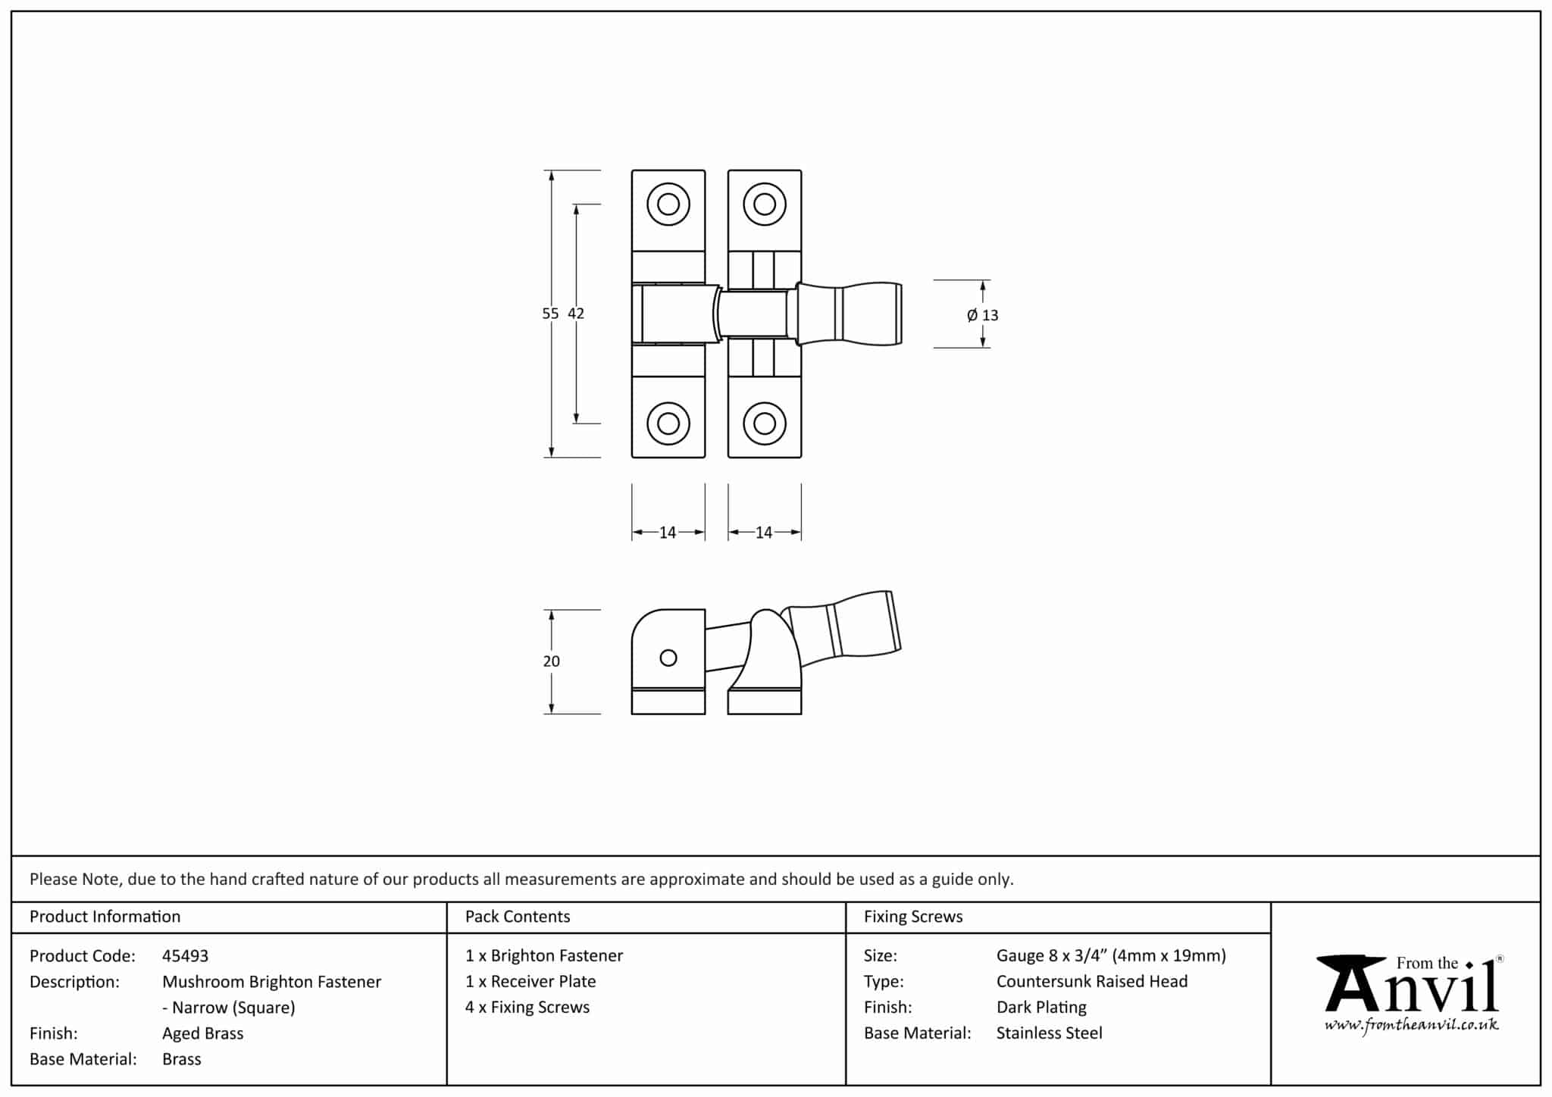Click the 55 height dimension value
(x=550, y=314)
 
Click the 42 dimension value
(x=576, y=314)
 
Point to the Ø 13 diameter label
(x=983, y=315)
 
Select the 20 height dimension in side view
(x=551, y=661)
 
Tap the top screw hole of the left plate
(x=668, y=204)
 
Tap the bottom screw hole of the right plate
(x=765, y=423)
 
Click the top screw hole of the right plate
(x=765, y=204)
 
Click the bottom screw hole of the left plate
(x=668, y=423)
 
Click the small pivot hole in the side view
(x=668, y=658)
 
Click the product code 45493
(x=185, y=956)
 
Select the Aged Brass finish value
(x=202, y=1033)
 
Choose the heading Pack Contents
(x=518, y=917)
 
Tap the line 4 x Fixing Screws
(x=527, y=1008)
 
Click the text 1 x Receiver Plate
(x=530, y=982)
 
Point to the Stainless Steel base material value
(x=1049, y=1033)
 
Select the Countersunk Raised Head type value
(x=1091, y=982)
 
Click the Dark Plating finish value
(x=1041, y=1008)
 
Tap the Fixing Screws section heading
(x=913, y=917)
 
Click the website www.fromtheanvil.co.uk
(x=1411, y=1026)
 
